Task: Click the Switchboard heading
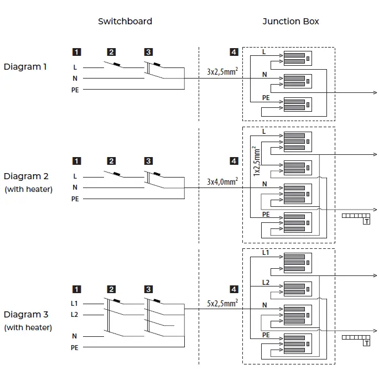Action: click(x=125, y=22)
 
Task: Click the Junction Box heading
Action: click(x=290, y=22)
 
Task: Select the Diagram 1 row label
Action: click(x=25, y=67)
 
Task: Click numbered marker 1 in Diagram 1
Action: click(x=76, y=52)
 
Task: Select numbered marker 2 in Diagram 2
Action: click(x=112, y=161)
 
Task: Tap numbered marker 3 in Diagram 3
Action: click(x=148, y=289)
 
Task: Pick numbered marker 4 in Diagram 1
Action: click(x=234, y=52)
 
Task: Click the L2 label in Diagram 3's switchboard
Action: click(x=75, y=314)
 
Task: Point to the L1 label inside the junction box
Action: click(x=266, y=253)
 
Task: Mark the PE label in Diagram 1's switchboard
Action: click(x=75, y=89)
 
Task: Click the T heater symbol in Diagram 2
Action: click(x=366, y=221)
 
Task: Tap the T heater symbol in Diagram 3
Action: click(x=366, y=343)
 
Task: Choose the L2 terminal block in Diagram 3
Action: click(x=297, y=289)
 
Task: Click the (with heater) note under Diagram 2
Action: click(x=28, y=189)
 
